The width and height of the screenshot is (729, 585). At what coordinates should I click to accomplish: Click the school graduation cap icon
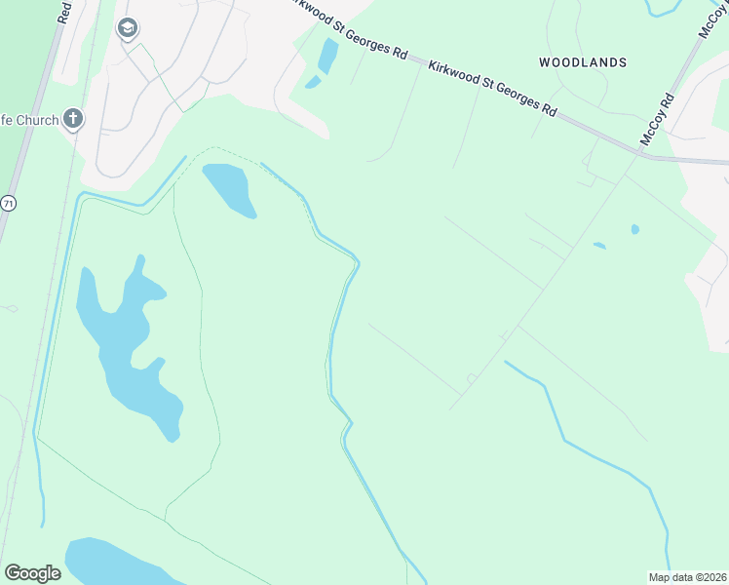point(127,29)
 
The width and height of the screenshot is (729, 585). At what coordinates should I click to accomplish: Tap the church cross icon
point(72,120)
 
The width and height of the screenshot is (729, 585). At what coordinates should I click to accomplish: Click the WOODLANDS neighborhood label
point(583,62)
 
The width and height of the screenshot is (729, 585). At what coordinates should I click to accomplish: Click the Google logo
point(32,573)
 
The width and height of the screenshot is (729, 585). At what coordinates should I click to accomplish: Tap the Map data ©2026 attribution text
point(686,577)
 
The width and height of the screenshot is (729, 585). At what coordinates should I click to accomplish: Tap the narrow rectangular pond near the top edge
point(327,57)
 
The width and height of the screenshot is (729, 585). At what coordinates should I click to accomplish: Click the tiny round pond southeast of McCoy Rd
point(635,229)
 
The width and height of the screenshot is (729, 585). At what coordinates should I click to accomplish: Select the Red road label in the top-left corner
point(64,12)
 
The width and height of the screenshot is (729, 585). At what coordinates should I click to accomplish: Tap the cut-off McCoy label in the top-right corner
point(710,19)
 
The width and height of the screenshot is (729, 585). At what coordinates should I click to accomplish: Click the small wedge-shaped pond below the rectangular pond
point(313,83)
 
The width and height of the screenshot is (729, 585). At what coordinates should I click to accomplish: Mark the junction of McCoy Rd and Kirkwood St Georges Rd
point(645,156)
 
